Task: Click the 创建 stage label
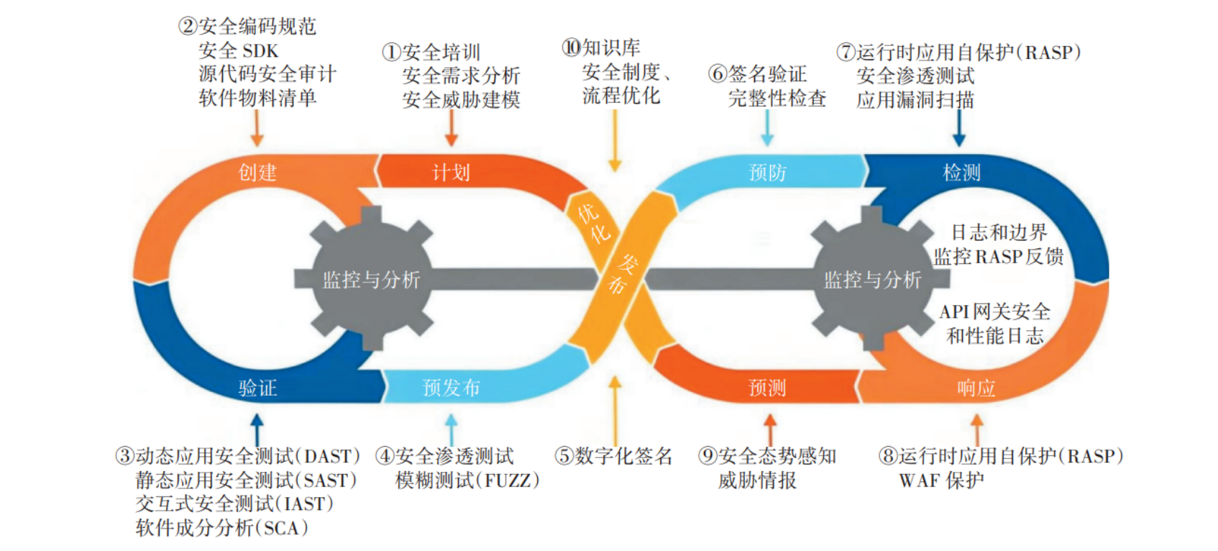click(257, 173)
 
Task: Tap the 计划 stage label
click(451, 173)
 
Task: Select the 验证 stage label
click(257, 388)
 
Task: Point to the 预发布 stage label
click(451, 388)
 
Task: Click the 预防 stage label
click(767, 173)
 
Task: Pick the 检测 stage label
click(961, 173)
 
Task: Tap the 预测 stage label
click(767, 388)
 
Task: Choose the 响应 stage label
click(976, 388)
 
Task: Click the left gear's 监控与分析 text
click(371, 280)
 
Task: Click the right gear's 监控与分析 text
click(872, 280)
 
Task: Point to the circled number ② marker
click(188, 27)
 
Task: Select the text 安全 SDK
click(238, 51)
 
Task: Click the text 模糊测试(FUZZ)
click(467, 481)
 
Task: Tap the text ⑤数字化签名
click(613, 456)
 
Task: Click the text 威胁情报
click(757, 481)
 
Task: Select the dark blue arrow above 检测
click(958, 129)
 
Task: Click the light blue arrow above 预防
click(767, 129)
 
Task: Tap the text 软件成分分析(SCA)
click(221, 528)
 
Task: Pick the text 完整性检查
click(777, 99)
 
